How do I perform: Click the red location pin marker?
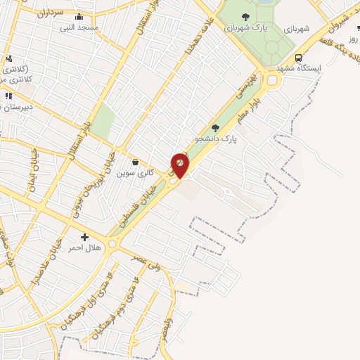181,165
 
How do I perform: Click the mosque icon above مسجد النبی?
77,17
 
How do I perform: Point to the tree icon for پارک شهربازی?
245,17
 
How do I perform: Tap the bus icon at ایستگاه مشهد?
299,58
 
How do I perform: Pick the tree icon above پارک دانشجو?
214,128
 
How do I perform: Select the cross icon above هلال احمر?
85,238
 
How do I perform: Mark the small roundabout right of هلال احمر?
115,244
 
